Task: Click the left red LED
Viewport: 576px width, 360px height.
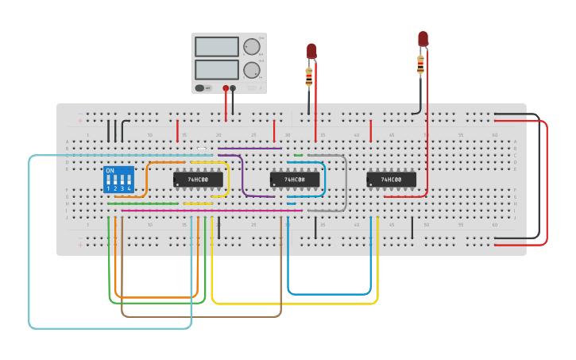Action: pyautogui.click(x=311, y=50)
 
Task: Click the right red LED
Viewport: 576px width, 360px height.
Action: pyautogui.click(x=423, y=38)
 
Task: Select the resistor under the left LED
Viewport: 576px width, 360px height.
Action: pyautogui.click(x=309, y=77)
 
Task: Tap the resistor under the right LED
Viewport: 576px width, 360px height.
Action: pyautogui.click(x=420, y=65)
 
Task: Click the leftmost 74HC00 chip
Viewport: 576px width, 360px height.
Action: pyautogui.click(x=198, y=180)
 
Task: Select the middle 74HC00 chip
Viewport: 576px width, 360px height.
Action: pyautogui.click(x=295, y=180)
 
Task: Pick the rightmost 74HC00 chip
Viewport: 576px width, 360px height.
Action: pyautogui.click(x=391, y=180)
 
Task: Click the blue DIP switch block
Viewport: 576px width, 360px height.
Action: pyautogui.click(x=118, y=180)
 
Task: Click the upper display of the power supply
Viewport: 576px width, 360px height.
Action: pyautogui.click(x=216, y=47)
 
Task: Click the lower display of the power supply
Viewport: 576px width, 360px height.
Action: pyautogui.click(x=216, y=70)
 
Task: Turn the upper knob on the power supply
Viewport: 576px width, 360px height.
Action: pyautogui.click(x=252, y=46)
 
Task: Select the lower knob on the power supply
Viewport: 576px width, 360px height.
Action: pyautogui.click(x=252, y=70)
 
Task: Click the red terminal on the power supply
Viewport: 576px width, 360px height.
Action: pyautogui.click(x=226, y=88)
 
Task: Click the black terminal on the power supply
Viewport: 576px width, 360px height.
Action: pyautogui.click(x=233, y=88)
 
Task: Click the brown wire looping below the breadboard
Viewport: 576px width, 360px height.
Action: pyautogui.click(x=199, y=316)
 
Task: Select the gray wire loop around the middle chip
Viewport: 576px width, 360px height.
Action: pyautogui.click(x=346, y=183)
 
